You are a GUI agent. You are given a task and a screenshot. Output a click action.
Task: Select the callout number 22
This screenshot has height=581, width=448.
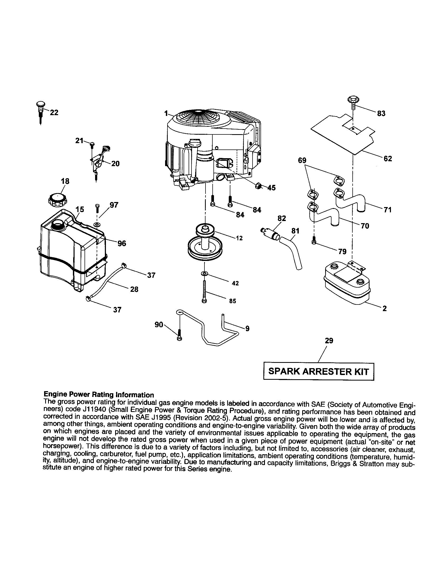(x=54, y=113)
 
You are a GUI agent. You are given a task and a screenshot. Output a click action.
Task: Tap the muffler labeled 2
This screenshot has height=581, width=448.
(x=346, y=282)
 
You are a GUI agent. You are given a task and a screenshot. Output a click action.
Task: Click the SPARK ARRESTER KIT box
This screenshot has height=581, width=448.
(x=319, y=371)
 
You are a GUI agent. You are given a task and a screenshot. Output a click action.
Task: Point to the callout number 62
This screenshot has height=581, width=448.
(x=388, y=159)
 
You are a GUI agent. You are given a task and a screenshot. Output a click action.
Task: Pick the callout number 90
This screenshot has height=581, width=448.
(x=159, y=324)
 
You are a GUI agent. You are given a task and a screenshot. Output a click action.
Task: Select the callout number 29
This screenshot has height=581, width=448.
(x=329, y=341)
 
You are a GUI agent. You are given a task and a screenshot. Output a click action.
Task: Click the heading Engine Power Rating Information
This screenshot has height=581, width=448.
(x=99, y=395)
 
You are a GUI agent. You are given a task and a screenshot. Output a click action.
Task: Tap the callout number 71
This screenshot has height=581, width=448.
(x=388, y=210)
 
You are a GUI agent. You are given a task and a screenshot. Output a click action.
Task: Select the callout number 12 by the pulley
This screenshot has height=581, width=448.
(x=239, y=238)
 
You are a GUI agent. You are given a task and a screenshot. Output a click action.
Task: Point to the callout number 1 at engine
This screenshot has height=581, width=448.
(x=166, y=114)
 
